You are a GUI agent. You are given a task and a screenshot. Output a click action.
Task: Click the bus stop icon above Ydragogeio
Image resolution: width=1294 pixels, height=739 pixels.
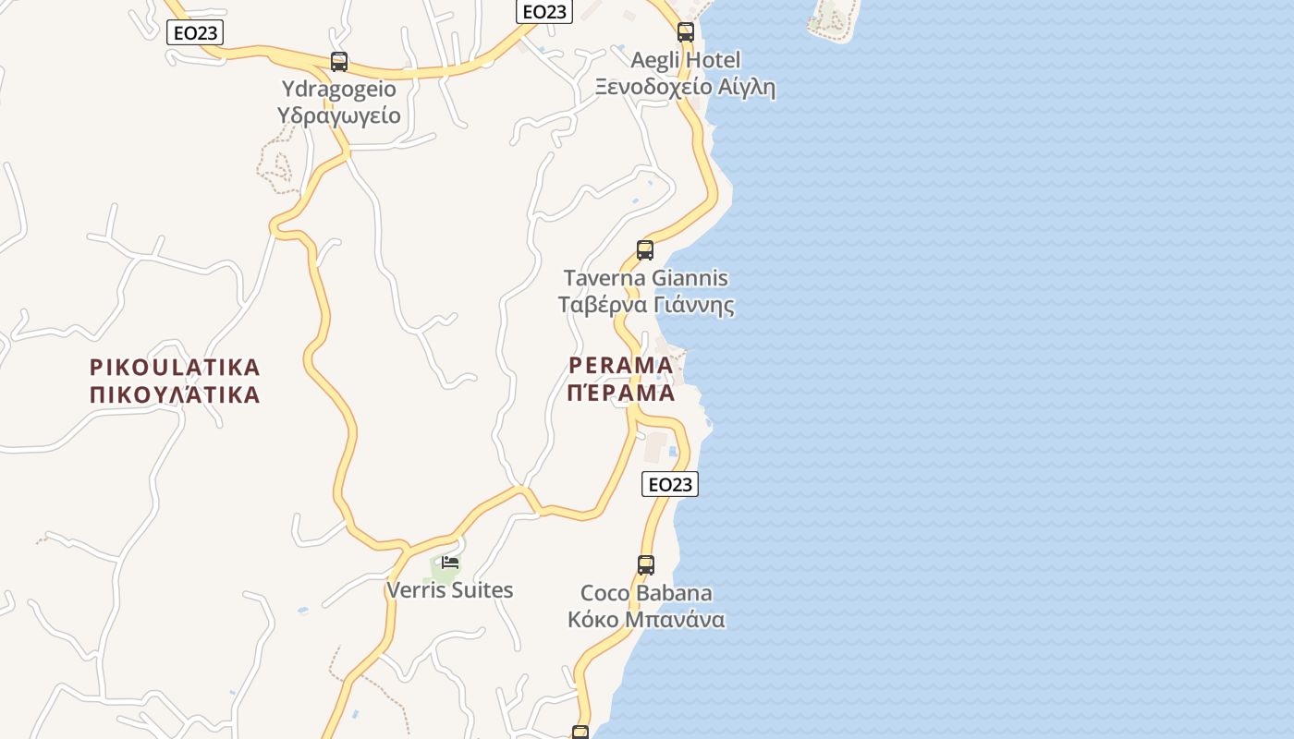339,62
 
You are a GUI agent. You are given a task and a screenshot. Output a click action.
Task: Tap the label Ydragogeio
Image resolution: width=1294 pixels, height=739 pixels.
338,90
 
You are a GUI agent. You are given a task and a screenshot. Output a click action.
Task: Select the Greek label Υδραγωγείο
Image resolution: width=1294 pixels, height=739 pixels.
338,115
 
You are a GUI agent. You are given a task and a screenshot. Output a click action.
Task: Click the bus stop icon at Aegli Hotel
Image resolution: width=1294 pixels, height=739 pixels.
685,32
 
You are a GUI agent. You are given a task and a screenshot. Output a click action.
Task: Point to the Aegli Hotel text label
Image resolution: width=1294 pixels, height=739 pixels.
685,61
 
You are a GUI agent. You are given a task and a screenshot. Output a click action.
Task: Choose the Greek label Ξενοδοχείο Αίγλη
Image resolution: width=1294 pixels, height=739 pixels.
685,88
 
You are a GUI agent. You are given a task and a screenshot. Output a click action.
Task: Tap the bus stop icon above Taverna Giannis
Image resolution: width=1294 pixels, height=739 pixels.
645,249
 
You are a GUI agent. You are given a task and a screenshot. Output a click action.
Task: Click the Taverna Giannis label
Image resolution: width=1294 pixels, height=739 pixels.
646,278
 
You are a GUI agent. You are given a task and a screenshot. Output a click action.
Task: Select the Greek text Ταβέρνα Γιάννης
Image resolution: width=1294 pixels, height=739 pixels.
646,305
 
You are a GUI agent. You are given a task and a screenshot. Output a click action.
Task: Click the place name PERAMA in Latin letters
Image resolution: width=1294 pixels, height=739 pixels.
621,366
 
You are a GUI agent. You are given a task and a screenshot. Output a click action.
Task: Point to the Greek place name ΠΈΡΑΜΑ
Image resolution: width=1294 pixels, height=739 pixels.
621,394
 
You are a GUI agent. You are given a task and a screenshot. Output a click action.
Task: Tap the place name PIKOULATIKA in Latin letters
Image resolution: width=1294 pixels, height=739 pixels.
175,368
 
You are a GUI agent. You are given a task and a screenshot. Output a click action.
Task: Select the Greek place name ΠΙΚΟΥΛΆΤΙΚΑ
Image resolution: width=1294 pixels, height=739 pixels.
175,395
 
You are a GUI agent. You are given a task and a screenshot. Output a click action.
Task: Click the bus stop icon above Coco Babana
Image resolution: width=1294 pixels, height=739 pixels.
646,564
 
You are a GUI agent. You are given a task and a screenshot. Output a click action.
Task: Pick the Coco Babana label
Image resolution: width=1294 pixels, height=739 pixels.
646,593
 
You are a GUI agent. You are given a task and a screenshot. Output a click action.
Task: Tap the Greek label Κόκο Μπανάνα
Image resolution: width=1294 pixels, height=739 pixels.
646,620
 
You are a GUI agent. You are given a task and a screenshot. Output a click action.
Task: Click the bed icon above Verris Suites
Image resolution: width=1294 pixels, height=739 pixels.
450,562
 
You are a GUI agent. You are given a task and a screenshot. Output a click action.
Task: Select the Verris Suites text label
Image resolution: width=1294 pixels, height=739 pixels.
449,590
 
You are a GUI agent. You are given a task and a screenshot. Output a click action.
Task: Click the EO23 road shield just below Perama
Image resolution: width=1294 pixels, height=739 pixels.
670,484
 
